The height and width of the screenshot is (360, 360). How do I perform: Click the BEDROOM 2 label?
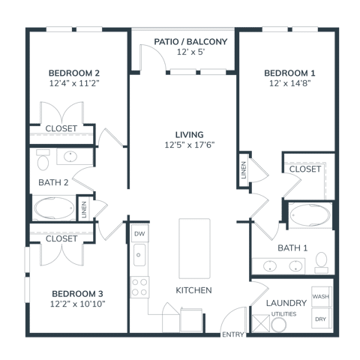[x=74, y=73]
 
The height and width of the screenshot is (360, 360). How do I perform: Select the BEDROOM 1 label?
[x=289, y=73]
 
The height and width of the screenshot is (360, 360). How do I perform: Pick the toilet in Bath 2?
[x=42, y=160]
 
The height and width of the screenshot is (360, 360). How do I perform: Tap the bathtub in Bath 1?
[x=307, y=215]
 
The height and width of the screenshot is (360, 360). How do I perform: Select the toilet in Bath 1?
[x=322, y=262]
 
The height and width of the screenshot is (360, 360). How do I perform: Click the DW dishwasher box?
[x=139, y=235]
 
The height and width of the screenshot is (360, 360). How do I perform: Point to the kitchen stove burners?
[x=139, y=286]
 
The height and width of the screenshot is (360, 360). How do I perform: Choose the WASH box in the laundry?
[x=321, y=297]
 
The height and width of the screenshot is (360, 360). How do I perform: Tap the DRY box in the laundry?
[x=321, y=319]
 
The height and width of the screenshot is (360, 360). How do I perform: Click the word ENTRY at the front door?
[x=231, y=334]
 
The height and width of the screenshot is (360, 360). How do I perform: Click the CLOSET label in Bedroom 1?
[x=305, y=169]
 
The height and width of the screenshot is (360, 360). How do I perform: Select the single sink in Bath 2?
[x=70, y=157]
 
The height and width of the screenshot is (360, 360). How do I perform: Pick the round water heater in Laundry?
[x=280, y=325]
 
